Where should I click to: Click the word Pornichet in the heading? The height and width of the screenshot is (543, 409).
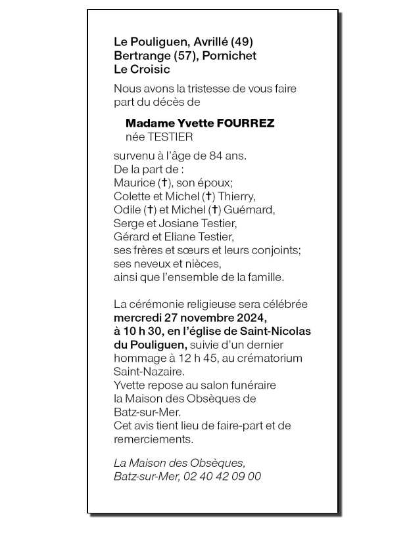pyautogui.click(x=230, y=56)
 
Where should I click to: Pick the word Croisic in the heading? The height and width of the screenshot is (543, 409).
pyautogui.click(x=152, y=69)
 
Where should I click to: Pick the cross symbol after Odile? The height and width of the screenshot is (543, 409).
pyautogui.click(x=150, y=210)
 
